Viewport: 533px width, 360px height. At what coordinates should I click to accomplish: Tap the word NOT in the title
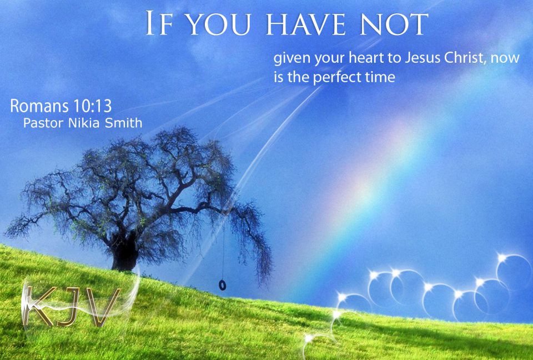click(393, 24)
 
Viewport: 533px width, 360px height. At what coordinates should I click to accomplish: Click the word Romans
click(37, 106)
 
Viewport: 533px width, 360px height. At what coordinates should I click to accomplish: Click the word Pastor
click(42, 123)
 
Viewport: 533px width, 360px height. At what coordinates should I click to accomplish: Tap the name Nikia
click(85, 123)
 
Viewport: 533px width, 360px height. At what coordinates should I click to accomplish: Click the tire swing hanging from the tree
click(223, 285)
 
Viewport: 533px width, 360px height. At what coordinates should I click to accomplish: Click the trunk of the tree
click(124, 256)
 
